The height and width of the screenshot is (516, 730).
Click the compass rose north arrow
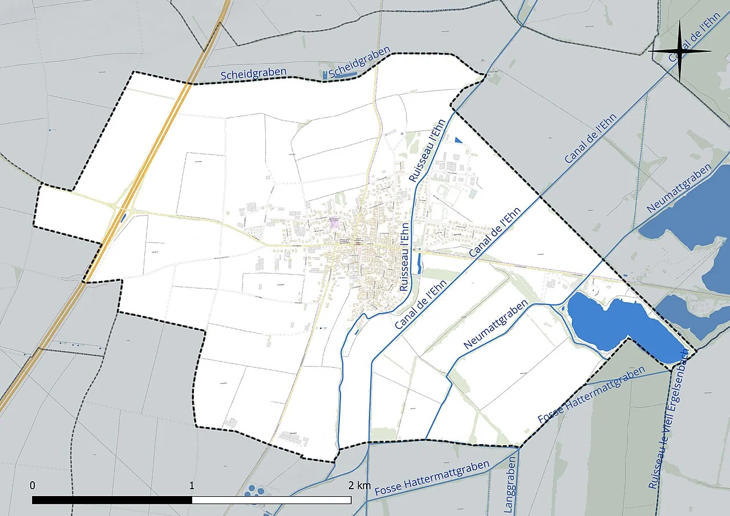(680, 51)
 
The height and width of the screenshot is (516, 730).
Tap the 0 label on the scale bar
(33, 486)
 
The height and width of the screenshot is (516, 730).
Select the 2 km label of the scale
(359, 486)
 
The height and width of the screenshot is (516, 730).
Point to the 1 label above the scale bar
(192, 486)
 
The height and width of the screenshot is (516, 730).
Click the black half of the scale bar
(112, 500)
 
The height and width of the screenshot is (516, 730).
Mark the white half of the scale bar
(271, 500)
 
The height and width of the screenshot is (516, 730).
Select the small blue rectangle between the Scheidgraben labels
(326, 75)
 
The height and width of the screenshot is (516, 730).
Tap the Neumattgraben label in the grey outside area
(679, 189)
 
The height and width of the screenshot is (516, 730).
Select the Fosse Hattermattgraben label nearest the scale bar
(432, 478)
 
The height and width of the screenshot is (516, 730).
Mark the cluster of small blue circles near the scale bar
(254, 490)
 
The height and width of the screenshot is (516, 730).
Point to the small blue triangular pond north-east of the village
(459, 140)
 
